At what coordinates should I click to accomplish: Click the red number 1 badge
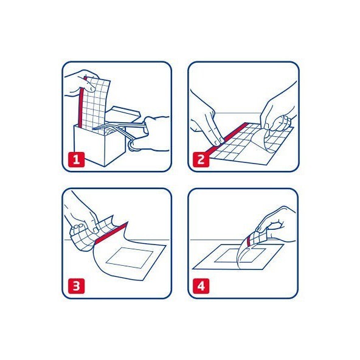[76, 159]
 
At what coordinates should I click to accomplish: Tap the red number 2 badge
[201, 159]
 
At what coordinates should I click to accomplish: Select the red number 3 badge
[76, 286]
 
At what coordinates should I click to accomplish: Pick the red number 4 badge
[201, 286]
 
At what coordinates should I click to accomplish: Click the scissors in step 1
[119, 133]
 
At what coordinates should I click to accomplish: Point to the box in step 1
[100, 145]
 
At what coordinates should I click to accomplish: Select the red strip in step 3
[111, 233]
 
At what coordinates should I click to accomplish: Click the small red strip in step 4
[249, 241]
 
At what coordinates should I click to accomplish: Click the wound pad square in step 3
[130, 258]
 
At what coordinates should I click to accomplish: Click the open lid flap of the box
[124, 115]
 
